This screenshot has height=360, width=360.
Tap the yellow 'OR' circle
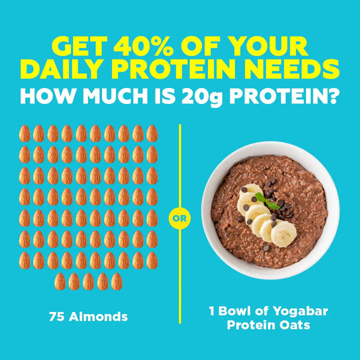tap(180, 219)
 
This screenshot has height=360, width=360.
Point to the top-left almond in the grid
tap(24, 133)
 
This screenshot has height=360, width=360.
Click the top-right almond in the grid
tap(152, 133)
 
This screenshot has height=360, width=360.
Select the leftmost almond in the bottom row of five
tap(59, 281)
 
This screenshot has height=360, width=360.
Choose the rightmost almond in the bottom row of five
tap(116, 281)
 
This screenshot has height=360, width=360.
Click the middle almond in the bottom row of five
tap(88, 281)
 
